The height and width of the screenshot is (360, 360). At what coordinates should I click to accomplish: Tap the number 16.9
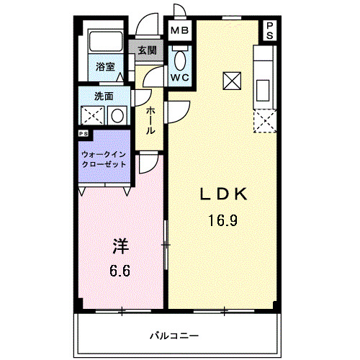(223, 220)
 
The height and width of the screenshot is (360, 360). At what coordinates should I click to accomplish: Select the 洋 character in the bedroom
(120, 246)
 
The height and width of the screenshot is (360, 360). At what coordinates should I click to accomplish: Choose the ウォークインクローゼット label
(104, 160)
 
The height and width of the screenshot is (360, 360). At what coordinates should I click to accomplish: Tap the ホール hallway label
(150, 120)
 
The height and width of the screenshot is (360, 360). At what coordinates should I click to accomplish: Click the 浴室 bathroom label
(106, 67)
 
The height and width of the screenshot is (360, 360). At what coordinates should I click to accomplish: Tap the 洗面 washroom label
(103, 96)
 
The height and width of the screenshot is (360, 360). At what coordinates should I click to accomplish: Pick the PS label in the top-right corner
(270, 30)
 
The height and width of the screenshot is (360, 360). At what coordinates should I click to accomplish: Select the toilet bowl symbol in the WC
(179, 58)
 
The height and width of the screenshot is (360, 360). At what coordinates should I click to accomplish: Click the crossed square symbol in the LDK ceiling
(233, 81)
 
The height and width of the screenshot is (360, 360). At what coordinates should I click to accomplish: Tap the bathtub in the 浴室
(107, 42)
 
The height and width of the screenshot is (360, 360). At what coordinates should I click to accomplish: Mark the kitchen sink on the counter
(264, 88)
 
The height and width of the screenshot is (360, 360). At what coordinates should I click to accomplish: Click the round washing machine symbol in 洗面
(117, 114)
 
